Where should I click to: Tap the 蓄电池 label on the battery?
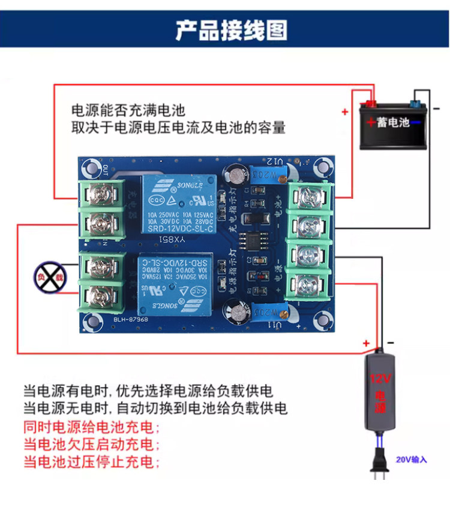pyautogui.click(x=392, y=122)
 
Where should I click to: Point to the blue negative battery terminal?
pyautogui.click(x=415, y=98)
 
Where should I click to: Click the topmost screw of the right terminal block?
pyautogui.click(x=309, y=197)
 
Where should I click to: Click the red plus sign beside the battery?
pyautogui.click(x=345, y=111)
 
